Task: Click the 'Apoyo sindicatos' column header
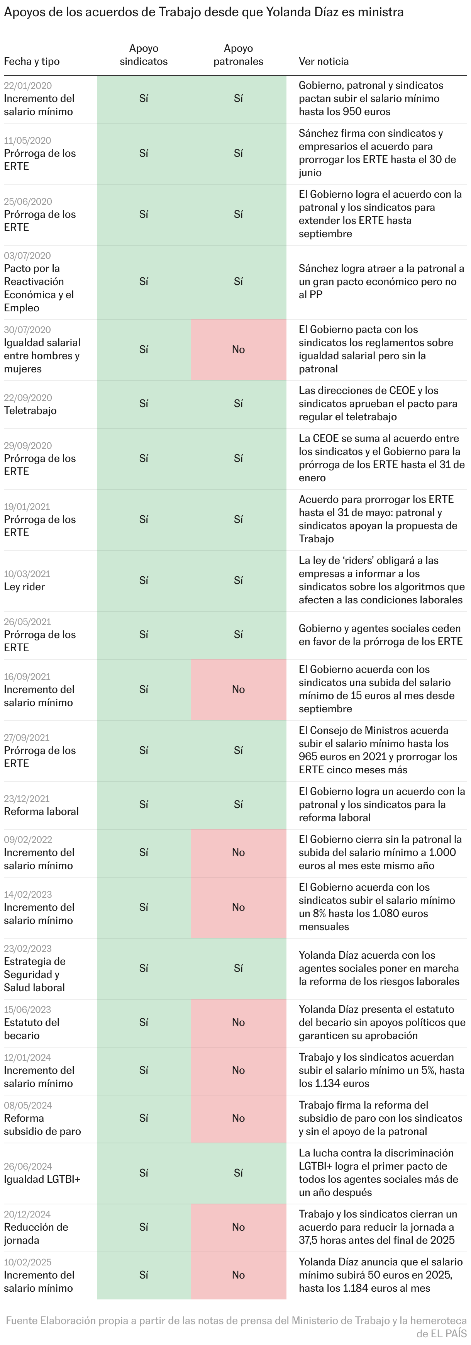pyautogui.click(x=144, y=55)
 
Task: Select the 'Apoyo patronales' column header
pyautogui.click(x=238, y=55)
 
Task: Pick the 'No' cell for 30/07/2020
pyautogui.click(x=238, y=349)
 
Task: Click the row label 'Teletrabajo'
pyautogui.click(x=30, y=410)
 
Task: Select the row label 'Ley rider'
pyautogui.click(x=24, y=586)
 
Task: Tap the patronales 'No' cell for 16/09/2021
pyautogui.click(x=238, y=689)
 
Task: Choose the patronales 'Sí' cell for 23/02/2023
pyautogui.click(x=238, y=968)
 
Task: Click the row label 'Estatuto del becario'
pyautogui.click(x=31, y=1029)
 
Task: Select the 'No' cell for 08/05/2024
pyautogui.click(x=238, y=1118)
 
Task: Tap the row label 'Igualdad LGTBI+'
pyautogui.click(x=42, y=1179)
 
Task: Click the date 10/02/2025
pyautogui.click(x=28, y=1262)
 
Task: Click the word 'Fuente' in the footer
pyautogui.click(x=21, y=1321)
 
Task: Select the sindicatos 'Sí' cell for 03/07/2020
pyautogui.click(x=144, y=282)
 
